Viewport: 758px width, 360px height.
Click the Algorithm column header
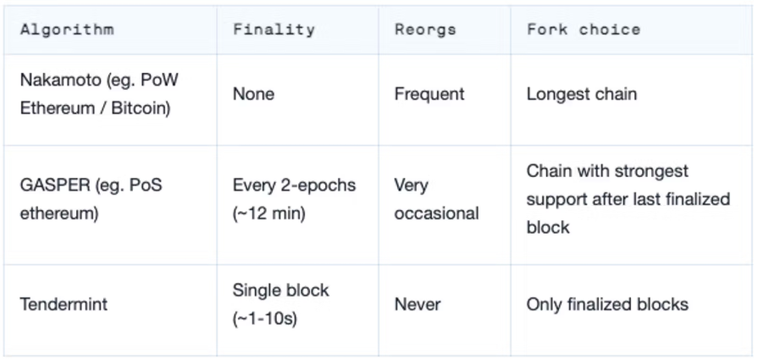pos(67,30)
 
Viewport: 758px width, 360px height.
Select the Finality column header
pos(273,30)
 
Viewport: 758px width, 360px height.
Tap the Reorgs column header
pos(425,30)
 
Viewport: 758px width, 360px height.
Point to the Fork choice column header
pos(584,30)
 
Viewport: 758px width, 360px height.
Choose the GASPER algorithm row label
pos(91,199)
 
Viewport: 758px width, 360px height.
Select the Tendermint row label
pos(64,304)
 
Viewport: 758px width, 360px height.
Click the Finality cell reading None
pos(253,94)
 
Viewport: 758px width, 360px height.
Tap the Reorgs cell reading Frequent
pos(429,94)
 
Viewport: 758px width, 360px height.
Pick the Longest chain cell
pos(581,94)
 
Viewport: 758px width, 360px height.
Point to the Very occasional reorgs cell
pos(436,199)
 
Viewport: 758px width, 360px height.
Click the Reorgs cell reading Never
pos(417,304)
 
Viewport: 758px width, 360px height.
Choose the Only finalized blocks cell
pos(607,304)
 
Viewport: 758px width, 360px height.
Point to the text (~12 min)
pos(268,213)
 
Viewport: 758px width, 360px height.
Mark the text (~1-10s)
pos(264,319)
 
